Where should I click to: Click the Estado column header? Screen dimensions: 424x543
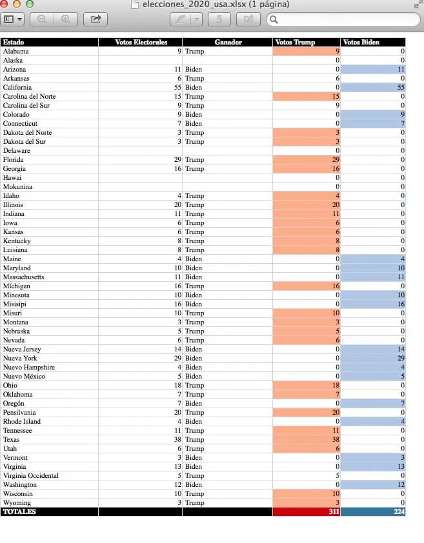coord(14,43)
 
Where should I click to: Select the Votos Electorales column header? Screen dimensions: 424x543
coord(141,43)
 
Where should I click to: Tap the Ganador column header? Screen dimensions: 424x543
coord(228,43)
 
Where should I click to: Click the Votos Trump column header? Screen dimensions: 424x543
coord(295,43)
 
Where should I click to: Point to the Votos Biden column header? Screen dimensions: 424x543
coord(361,43)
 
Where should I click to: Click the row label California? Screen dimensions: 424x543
coord(17,87)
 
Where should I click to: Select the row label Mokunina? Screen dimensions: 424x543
coord(17,186)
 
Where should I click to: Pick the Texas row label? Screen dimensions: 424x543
coord(11,439)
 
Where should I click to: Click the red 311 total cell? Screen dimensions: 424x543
coord(307,511)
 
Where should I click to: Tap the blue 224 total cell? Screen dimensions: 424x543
coord(373,511)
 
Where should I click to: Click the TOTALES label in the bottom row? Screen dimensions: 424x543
coord(19,511)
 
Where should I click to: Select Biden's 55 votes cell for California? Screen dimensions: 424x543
coord(373,87)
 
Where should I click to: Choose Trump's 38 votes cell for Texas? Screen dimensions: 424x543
coord(307,439)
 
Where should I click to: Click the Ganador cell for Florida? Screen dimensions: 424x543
coord(194,160)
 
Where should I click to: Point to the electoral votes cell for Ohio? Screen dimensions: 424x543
coord(178,386)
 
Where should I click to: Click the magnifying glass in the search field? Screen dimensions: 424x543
coord(274,20)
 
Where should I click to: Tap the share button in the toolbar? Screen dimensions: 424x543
coord(96,19)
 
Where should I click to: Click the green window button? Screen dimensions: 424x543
coord(30,4)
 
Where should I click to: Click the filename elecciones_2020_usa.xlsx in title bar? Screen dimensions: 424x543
coord(194,5)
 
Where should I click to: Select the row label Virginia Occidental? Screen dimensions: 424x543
coord(31,475)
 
